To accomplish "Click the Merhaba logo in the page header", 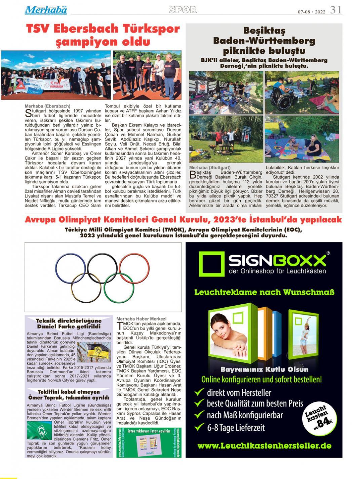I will click(x=46, y=10).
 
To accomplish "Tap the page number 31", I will click(x=335, y=10).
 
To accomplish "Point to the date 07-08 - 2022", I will click(x=311, y=11).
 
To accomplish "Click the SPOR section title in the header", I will click(x=183, y=10).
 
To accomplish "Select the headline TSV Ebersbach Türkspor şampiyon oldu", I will click(x=103, y=35).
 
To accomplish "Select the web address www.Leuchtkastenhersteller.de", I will click(x=264, y=446).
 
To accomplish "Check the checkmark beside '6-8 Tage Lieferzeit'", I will click(x=200, y=427).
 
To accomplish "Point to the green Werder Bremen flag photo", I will click(x=40, y=430).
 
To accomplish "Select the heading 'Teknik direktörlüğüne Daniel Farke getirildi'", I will click(x=69, y=323).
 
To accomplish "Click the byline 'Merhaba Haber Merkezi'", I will click(x=141, y=318).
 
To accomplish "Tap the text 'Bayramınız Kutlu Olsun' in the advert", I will click(x=264, y=369).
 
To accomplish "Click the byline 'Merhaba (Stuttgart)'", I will click(x=210, y=167).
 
